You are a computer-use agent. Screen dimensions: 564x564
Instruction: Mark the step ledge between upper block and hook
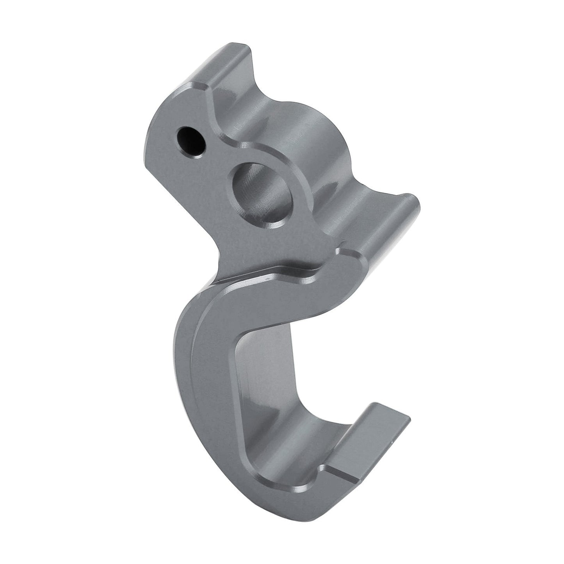273,269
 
